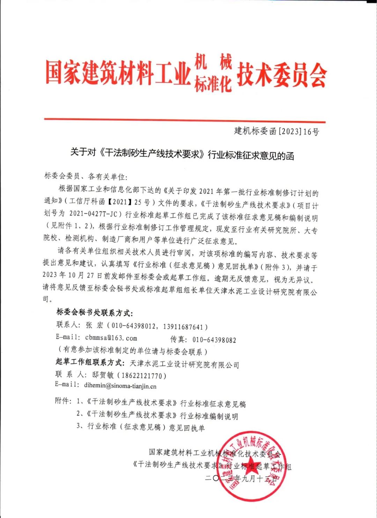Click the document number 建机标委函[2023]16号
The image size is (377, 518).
276,132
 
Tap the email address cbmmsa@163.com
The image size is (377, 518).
111,338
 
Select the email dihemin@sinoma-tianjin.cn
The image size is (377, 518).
120,386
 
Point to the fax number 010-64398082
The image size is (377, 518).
214,340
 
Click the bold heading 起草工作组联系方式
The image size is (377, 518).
90,362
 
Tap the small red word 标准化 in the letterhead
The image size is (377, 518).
213,84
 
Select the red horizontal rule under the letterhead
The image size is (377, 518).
185,121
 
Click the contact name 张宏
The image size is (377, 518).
95,325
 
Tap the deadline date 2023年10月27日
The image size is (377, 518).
72,275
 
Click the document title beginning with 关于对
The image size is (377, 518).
182,154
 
